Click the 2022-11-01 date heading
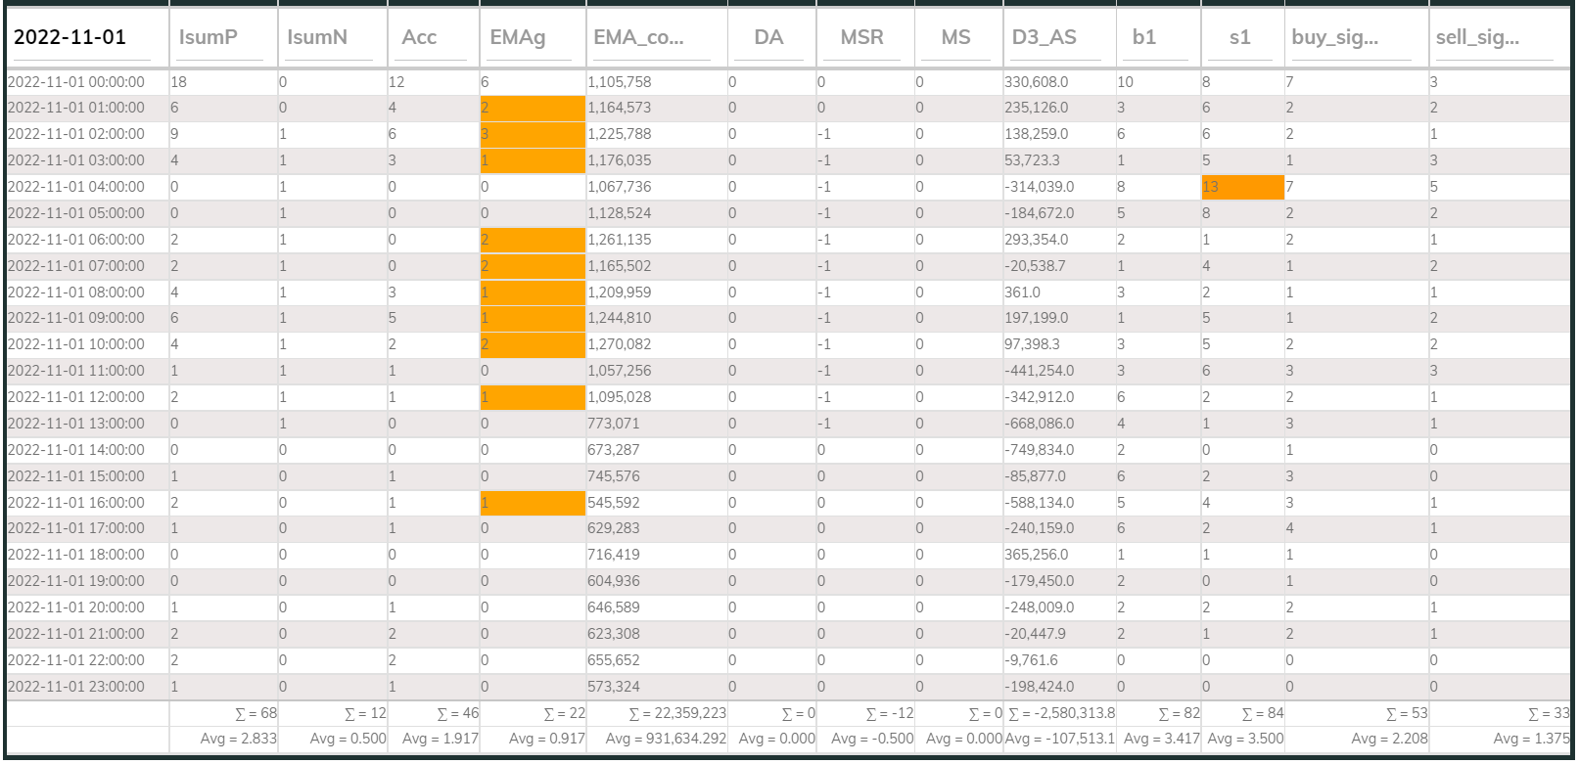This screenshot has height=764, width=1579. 70,36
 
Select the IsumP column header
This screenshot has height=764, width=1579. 208,37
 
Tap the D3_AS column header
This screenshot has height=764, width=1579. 1044,37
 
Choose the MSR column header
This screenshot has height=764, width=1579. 861,37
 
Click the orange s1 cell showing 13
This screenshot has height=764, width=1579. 1243,187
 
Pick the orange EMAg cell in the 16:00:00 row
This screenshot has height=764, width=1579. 533,503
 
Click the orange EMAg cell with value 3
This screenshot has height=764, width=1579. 533,134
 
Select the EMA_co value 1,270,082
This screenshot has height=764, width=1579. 620,344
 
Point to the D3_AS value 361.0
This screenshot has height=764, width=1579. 1022,292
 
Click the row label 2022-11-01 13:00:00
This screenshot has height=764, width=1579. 76,424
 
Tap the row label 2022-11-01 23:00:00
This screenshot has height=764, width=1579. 76,687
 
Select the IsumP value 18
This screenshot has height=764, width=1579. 178,81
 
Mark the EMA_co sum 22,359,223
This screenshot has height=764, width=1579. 677,713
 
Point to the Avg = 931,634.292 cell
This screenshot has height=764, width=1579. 666,739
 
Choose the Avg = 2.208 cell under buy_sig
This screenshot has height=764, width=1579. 1389,739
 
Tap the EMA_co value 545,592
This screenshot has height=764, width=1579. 613,503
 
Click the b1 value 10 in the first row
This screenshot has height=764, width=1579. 1125,81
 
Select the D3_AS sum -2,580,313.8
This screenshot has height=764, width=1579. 1061,713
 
